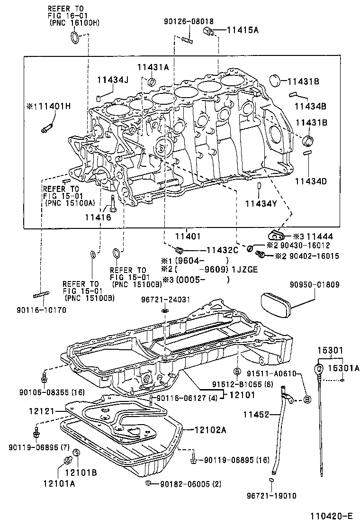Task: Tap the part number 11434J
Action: [x=113, y=80]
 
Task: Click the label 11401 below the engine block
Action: [x=188, y=236]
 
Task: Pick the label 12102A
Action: [x=210, y=430]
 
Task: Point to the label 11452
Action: [x=256, y=414]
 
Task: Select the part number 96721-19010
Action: [x=271, y=496]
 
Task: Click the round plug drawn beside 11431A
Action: [x=152, y=83]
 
